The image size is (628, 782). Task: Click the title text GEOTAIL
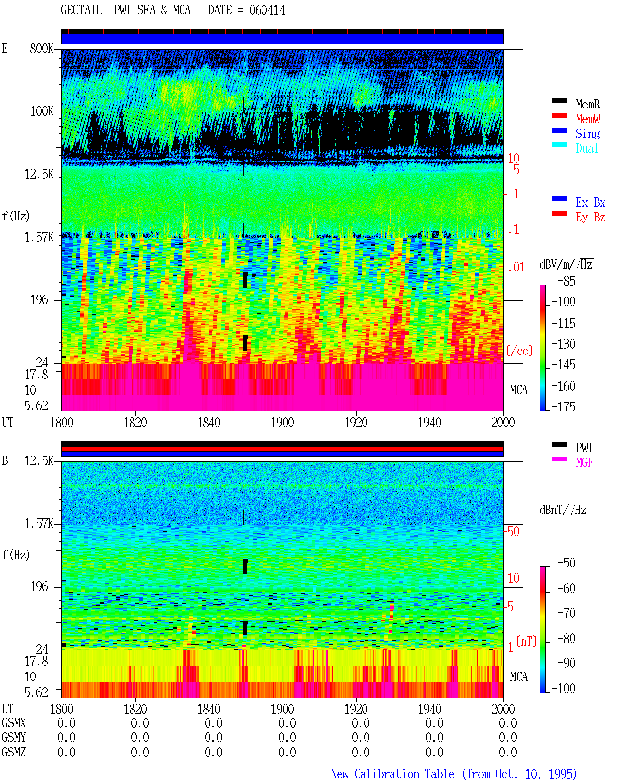pyautogui.click(x=81, y=10)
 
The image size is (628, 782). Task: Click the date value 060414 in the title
pyautogui.click(x=266, y=10)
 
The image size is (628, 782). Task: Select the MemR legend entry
pyautogui.click(x=587, y=104)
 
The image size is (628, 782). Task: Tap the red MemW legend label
pyautogui.click(x=587, y=119)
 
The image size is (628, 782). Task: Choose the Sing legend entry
pyautogui.click(x=587, y=134)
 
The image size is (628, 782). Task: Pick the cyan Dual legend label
pyautogui.click(x=587, y=148)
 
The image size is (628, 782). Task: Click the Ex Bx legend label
pyautogui.click(x=591, y=202)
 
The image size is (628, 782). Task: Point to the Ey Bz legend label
pyautogui.click(x=591, y=217)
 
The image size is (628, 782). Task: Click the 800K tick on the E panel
pyautogui.click(x=42, y=48)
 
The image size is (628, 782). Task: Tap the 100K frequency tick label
pyautogui.click(x=42, y=111)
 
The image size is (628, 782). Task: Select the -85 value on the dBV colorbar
pyautogui.click(x=566, y=281)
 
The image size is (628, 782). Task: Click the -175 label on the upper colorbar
pyautogui.click(x=563, y=406)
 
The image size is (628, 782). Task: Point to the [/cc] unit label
pyautogui.click(x=520, y=351)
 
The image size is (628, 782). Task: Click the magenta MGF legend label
pyautogui.click(x=584, y=462)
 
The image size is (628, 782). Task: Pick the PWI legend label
pyautogui.click(x=584, y=448)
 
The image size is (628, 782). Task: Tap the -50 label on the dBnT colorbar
pyautogui.click(x=566, y=563)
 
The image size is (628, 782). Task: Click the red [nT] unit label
pyautogui.click(x=526, y=641)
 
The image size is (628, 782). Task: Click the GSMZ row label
pyautogui.click(x=14, y=752)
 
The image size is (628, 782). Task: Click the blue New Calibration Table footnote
pyautogui.click(x=453, y=774)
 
